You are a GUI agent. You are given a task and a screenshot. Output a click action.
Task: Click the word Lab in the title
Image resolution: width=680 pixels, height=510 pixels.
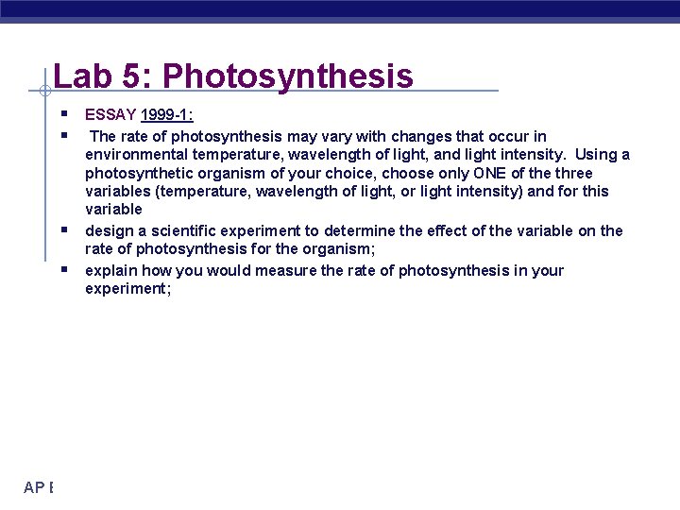pyautogui.click(x=78, y=76)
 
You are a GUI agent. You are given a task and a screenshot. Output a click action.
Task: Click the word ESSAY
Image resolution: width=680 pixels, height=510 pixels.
pyautogui.click(x=110, y=116)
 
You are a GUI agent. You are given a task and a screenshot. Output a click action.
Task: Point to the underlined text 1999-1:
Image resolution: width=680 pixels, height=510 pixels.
pyautogui.click(x=167, y=116)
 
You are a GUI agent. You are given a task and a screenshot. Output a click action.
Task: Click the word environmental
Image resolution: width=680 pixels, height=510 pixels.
pyautogui.click(x=133, y=155)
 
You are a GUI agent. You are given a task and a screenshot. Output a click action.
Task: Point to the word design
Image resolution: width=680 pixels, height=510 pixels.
pyautogui.click(x=110, y=230)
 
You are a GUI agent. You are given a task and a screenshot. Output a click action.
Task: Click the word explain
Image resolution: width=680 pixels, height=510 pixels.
pyautogui.click(x=112, y=271)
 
